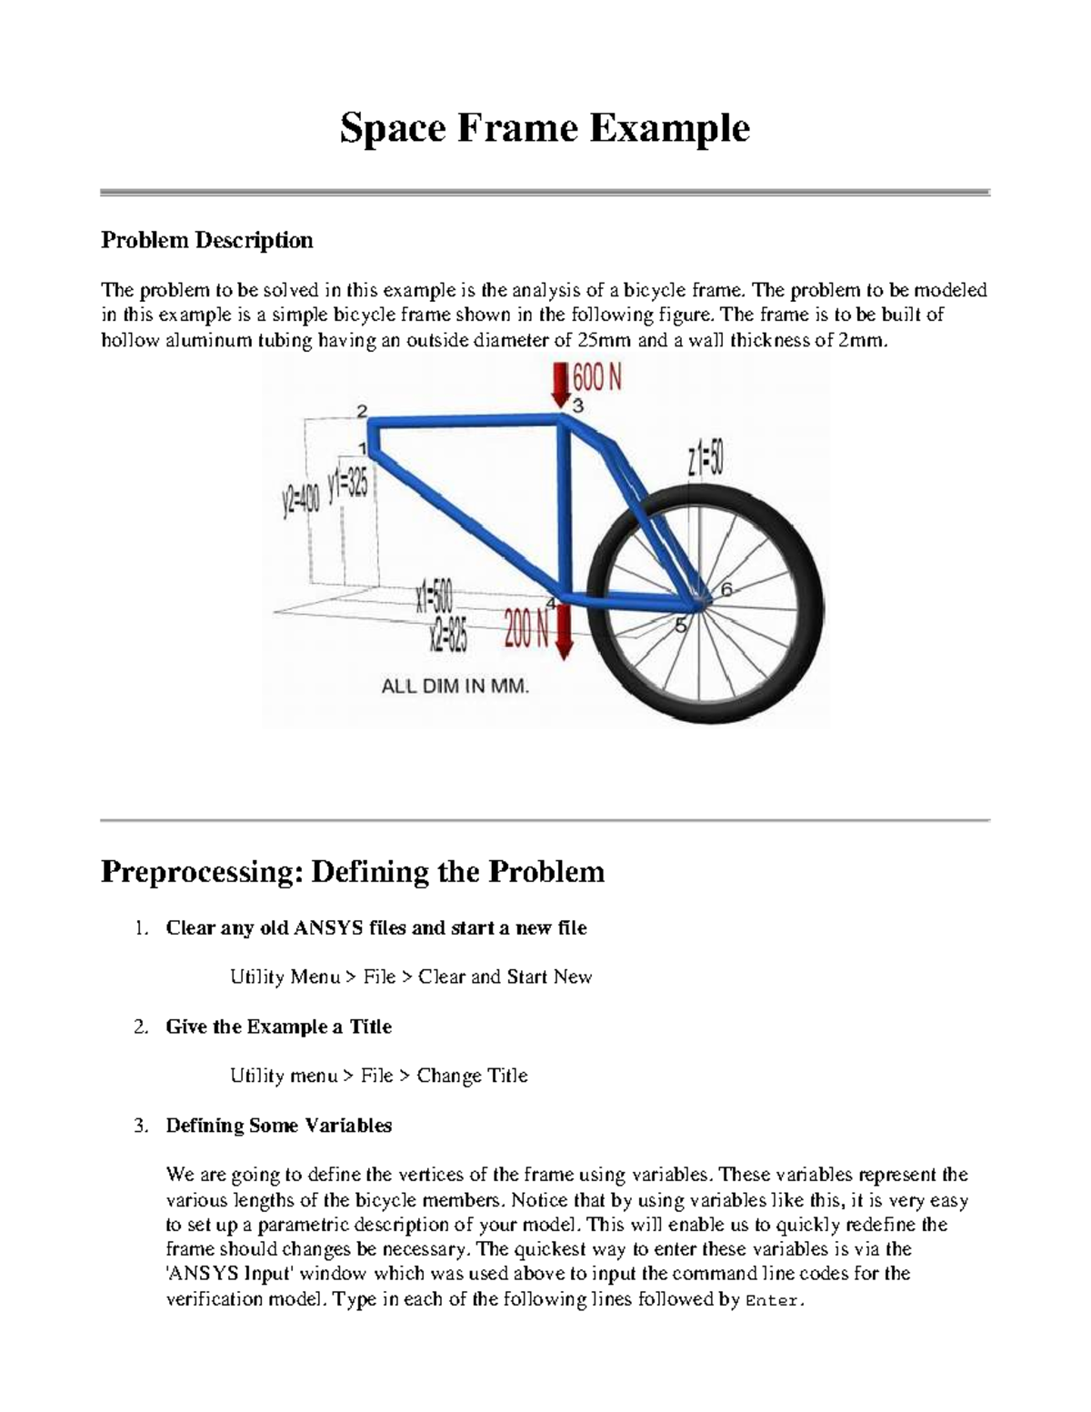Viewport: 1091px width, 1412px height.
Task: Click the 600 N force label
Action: click(598, 377)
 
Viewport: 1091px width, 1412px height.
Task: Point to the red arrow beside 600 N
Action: click(558, 384)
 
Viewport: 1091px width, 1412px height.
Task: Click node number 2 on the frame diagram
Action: click(362, 411)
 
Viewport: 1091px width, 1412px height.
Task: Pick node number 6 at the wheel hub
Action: click(726, 589)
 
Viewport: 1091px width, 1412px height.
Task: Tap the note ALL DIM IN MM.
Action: click(455, 687)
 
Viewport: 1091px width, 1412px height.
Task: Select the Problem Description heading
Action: click(207, 240)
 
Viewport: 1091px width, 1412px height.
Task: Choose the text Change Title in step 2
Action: click(472, 1076)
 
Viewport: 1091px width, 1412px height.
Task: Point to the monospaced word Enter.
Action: click(774, 1300)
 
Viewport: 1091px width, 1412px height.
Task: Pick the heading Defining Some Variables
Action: click(278, 1126)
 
